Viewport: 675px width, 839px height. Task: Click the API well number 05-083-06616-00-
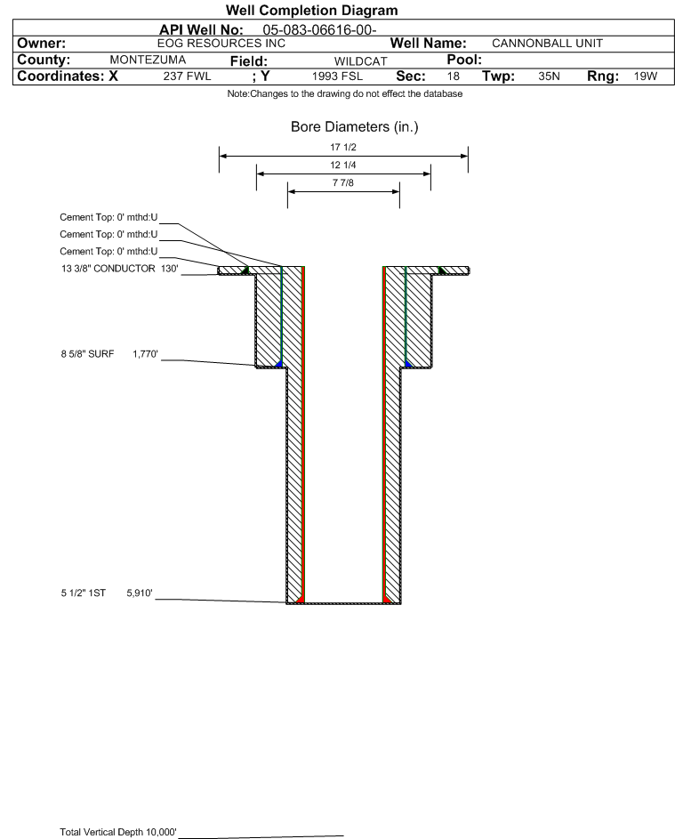(x=319, y=30)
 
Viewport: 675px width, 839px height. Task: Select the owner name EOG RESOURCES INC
(x=221, y=44)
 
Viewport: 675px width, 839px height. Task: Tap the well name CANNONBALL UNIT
(x=547, y=44)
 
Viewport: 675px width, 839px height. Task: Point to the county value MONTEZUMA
(x=148, y=60)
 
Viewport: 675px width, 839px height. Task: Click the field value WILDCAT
(x=360, y=61)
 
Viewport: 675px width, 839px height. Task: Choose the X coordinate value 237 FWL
(x=187, y=77)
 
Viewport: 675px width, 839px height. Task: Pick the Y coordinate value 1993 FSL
(x=337, y=77)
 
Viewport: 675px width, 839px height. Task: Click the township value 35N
(x=549, y=77)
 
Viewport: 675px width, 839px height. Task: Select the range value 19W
(x=645, y=77)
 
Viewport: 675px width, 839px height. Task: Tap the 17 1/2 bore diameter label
(x=343, y=147)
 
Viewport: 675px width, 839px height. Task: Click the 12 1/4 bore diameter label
(x=343, y=165)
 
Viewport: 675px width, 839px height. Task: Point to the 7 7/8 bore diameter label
(x=343, y=182)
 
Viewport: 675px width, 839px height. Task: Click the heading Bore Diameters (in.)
(x=354, y=127)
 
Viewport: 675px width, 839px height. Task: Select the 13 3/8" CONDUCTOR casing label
(x=108, y=269)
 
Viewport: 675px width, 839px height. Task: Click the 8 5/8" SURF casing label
(x=87, y=354)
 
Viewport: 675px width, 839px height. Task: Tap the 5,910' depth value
(x=140, y=593)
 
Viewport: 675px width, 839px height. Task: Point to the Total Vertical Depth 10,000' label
(x=117, y=832)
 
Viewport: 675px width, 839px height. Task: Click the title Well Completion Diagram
(x=311, y=10)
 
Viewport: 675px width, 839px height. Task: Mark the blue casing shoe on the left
(x=278, y=365)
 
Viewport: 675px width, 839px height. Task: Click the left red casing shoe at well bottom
(x=300, y=600)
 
